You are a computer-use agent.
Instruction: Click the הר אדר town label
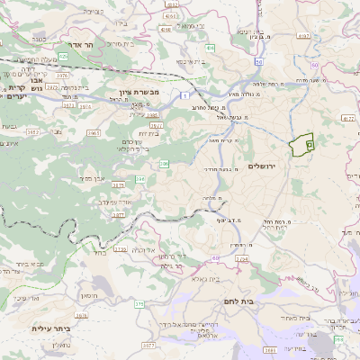tap(82, 43)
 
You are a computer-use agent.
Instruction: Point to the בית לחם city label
tap(261, 302)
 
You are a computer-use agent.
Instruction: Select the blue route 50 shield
tap(258, 62)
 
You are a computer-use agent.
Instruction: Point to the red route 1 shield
tap(185, 94)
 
